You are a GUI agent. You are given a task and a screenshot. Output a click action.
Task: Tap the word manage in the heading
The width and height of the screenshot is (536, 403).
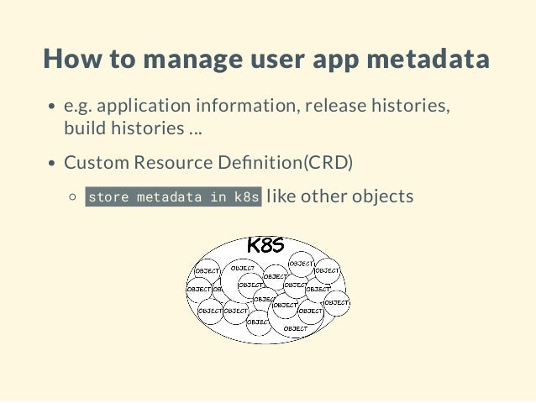tap(183, 60)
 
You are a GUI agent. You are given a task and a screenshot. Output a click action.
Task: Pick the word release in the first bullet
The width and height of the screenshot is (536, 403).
tap(333, 107)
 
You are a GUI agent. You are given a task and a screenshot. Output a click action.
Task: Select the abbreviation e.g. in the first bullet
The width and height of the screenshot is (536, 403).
tap(78, 107)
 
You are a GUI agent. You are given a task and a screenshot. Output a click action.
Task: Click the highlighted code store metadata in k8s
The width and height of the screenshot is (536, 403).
tap(174, 197)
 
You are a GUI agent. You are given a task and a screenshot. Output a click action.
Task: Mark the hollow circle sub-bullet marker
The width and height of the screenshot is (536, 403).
tap(73, 197)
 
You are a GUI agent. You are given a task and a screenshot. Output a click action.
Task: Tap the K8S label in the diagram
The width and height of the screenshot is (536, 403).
tap(265, 245)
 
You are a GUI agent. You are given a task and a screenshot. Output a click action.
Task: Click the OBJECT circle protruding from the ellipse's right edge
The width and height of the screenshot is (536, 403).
tap(336, 302)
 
